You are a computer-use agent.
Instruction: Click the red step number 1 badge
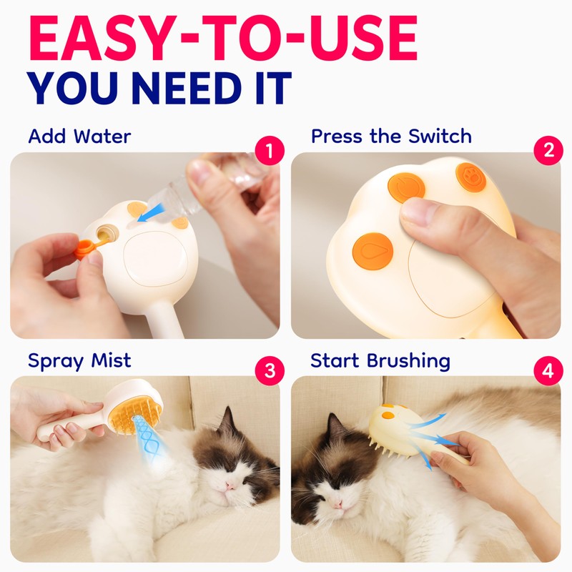click(270, 150)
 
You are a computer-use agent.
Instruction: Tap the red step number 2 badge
click(548, 150)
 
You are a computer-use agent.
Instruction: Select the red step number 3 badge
click(270, 370)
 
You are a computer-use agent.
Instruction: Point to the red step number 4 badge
click(548, 370)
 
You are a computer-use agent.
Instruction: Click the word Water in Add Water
click(102, 137)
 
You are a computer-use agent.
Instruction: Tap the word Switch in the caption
click(440, 136)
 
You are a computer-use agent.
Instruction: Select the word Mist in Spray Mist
click(111, 360)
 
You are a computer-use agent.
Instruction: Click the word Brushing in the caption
click(408, 361)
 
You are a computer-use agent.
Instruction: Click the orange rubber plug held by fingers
click(87, 247)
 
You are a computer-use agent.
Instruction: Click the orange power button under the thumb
click(405, 187)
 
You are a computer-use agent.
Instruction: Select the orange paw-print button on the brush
click(471, 177)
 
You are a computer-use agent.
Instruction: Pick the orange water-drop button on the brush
click(373, 251)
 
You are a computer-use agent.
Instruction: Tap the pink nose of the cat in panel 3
click(230, 485)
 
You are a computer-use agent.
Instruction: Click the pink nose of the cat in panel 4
click(337, 504)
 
